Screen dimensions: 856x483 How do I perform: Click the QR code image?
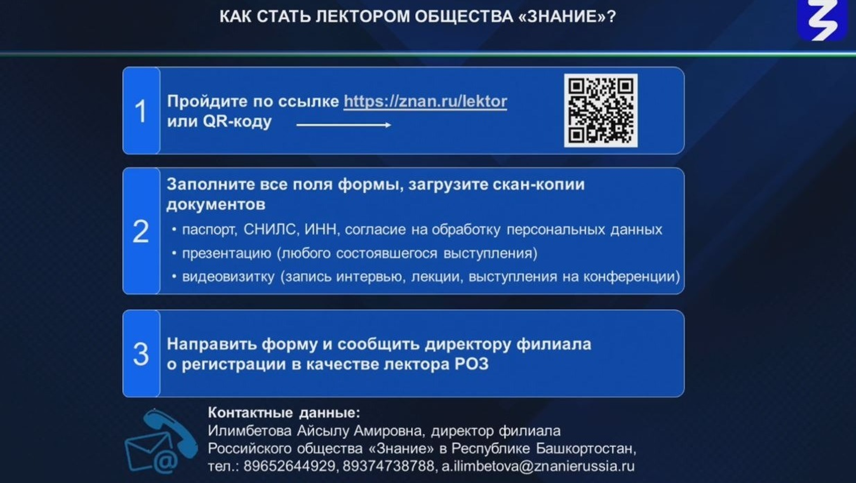pos(601,110)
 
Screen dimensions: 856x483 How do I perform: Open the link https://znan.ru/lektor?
pos(425,101)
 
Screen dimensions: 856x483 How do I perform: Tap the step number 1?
pos(141,111)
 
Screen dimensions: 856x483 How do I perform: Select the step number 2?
pos(141,231)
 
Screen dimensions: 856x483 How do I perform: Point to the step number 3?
pos(141,354)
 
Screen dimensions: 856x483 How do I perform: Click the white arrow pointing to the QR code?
pos(343,125)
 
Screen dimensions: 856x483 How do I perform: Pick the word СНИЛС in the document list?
pos(270,230)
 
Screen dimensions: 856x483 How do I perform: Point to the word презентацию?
pos(227,253)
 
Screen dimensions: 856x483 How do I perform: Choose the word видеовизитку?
pos(228,276)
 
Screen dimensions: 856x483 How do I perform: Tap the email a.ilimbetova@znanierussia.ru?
pos(538,466)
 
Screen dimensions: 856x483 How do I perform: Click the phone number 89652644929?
pos(289,466)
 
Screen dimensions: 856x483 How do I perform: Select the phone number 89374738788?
pos(388,466)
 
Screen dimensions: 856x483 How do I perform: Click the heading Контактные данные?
pos(284,413)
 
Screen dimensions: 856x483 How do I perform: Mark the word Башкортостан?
pos(586,449)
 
